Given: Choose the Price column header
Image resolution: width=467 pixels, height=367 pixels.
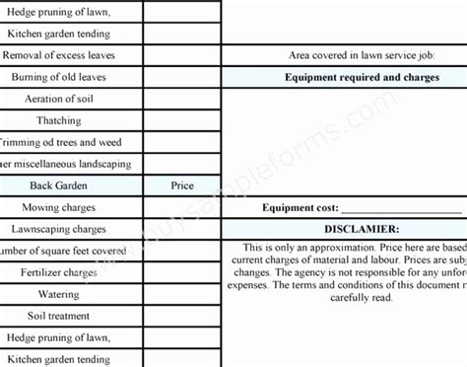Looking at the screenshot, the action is pos(182,184).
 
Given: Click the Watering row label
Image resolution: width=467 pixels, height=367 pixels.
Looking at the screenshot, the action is pos(58,294).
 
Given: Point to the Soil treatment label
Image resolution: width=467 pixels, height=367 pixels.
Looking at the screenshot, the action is pos(58,316).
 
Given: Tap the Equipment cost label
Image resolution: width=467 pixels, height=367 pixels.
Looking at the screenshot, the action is pos(300,208).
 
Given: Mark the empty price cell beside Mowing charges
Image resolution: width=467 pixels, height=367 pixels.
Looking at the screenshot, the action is pos(182,207).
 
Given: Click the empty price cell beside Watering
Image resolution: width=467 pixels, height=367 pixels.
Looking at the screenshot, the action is pos(182,294).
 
